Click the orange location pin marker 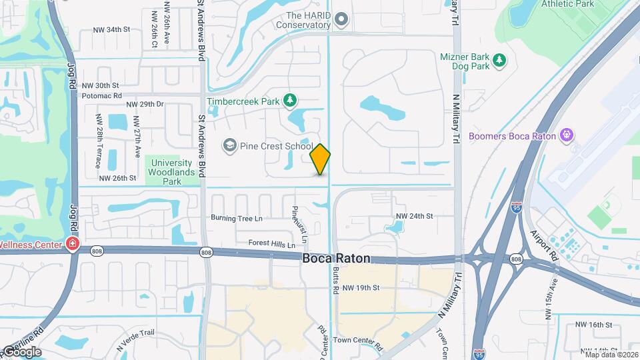(321, 159)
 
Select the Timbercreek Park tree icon (289, 101)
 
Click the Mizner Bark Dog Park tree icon (499, 61)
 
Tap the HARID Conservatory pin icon (342, 19)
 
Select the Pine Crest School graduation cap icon (230, 146)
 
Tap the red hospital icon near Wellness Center (72, 245)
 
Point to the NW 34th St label (111, 30)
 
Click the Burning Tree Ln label (237, 218)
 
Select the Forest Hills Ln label (272, 243)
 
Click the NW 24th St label (415, 216)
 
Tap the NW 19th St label (361, 288)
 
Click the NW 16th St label (593, 325)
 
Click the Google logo (21, 352)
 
